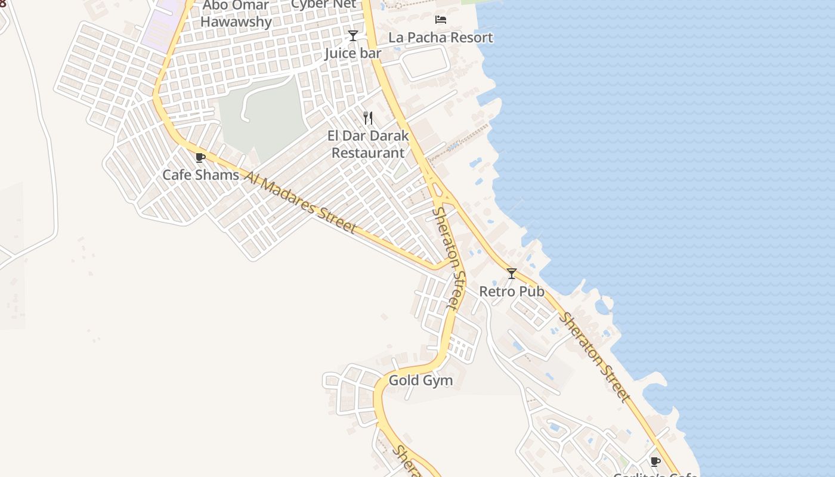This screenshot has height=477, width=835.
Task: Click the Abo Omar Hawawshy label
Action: (x=236, y=14)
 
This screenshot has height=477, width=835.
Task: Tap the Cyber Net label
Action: (x=323, y=4)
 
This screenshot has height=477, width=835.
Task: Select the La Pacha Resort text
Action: (x=441, y=38)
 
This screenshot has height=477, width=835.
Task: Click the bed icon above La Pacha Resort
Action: (x=441, y=20)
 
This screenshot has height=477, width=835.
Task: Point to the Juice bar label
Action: (x=352, y=54)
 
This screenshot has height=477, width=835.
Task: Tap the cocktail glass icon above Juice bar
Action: (x=353, y=36)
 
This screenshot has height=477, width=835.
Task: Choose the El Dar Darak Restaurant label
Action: (x=368, y=144)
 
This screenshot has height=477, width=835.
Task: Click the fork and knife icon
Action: (x=368, y=118)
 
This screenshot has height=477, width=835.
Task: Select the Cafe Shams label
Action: (x=200, y=175)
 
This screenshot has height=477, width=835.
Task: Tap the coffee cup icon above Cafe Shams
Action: (x=200, y=158)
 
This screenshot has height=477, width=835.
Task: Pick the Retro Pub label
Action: (x=512, y=292)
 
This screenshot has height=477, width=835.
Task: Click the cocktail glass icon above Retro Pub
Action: (x=512, y=274)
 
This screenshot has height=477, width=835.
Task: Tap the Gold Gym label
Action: (x=420, y=380)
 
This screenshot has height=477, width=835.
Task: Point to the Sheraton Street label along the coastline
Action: (x=593, y=357)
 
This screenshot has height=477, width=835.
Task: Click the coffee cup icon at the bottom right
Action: (x=655, y=461)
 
